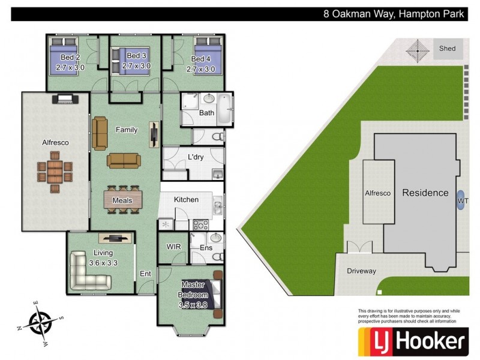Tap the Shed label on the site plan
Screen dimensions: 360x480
(x=447, y=49)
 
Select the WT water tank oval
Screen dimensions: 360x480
(x=461, y=200)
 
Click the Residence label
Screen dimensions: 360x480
(x=425, y=193)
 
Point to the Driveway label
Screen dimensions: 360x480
(x=361, y=271)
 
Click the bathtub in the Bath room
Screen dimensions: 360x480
(x=225, y=109)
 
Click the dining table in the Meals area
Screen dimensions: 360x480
(x=124, y=199)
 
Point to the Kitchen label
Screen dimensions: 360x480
(x=186, y=199)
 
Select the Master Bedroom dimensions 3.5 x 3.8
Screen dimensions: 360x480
(x=194, y=305)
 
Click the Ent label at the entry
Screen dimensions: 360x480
(x=146, y=273)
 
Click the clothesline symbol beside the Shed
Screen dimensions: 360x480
(x=417, y=50)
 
